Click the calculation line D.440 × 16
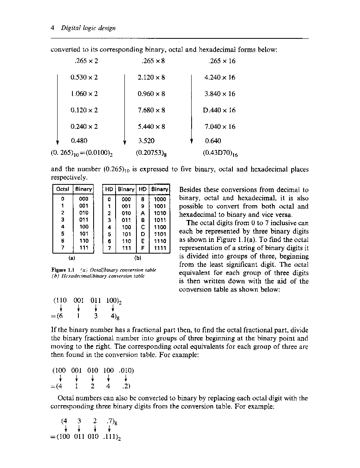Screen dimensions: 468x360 pos(219,110)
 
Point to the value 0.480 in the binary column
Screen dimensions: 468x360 pos(79,141)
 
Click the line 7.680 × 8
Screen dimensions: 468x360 pos(151,110)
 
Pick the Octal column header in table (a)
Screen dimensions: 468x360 pos(62,189)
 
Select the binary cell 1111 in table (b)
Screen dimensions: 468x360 pos(160,248)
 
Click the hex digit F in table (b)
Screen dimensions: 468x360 pos(142,248)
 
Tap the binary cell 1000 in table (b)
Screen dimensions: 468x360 pos(160,199)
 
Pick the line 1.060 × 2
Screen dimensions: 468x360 pos(84,94)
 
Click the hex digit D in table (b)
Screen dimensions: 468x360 pos(142,234)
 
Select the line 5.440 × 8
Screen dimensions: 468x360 pos(151,126)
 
